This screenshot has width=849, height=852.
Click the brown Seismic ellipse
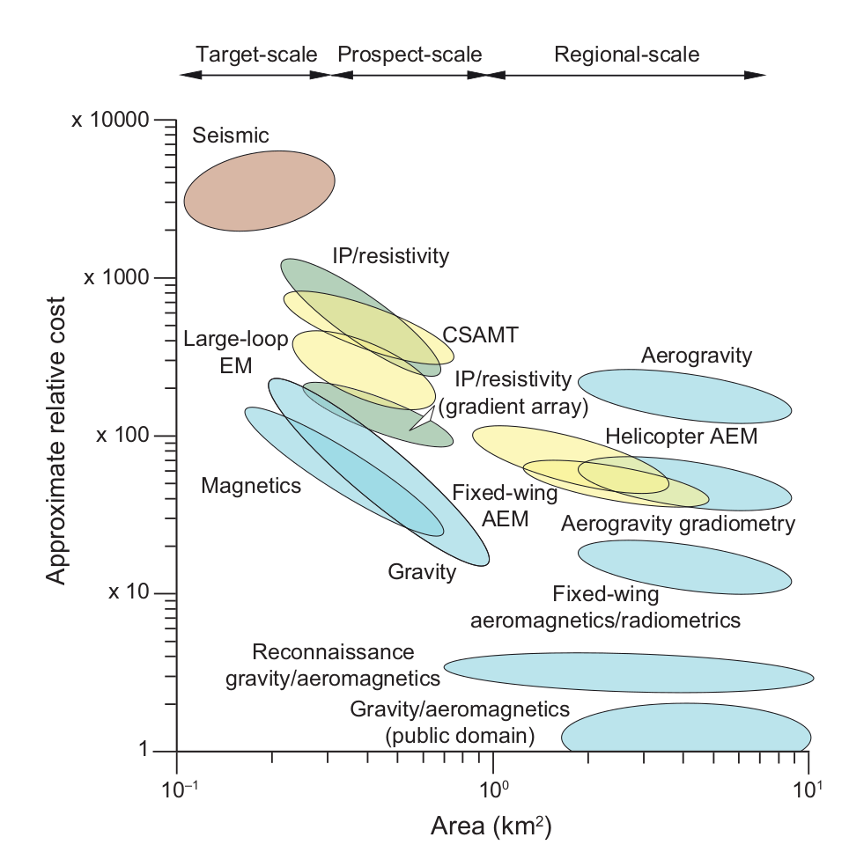click(x=259, y=190)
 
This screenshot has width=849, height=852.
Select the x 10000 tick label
click(x=113, y=120)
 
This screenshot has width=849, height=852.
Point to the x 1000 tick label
click(x=117, y=277)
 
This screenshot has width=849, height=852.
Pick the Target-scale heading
click(x=255, y=55)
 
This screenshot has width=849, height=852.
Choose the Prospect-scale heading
click(x=410, y=55)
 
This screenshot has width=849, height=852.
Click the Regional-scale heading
click(x=626, y=55)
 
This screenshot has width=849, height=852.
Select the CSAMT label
click(x=481, y=334)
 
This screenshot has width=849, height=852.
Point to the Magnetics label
click(x=251, y=485)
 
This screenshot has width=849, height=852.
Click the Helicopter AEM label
click(x=681, y=436)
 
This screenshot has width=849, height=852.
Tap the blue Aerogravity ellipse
click(x=684, y=396)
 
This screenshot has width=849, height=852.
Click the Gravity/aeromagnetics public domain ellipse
click(x=687, y=731)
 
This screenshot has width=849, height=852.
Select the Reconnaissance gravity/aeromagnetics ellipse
click(x=628, y=672)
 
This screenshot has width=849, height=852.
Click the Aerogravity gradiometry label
click(x=678, y=524)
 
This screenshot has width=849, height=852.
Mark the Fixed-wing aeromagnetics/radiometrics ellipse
click(x=684, y=566)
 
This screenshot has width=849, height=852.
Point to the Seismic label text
click(x=231, y=136)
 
